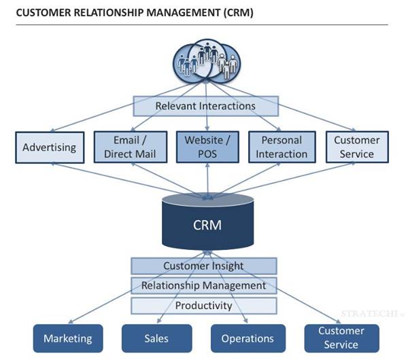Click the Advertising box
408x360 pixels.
[49, 147]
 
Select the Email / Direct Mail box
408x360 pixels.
[129, 147]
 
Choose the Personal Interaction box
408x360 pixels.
[282, 147]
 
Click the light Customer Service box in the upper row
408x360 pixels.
[356, 147]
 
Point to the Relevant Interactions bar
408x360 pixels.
[205, 106]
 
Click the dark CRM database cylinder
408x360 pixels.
[207, 223]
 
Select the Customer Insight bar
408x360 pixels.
[203, 266]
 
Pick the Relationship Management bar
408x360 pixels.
[203, 285]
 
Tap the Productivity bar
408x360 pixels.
[203, 305]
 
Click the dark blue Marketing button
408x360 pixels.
[67, 338]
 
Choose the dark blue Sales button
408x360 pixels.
[156, 338]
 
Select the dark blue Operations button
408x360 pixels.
[248, 338]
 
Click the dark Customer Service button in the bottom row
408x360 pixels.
[341, 338]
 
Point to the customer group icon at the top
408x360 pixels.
[205, 60]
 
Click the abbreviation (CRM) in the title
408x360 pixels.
[238, 12]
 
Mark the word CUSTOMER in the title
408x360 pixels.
[38, 12]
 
